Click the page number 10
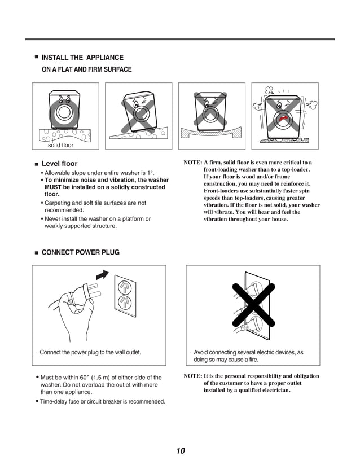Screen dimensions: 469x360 click(180, 450)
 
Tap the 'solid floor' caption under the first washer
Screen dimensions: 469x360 click(60, 146)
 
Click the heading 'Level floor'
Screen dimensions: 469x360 click(60, 164)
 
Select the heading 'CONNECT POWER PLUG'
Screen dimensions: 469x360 click(81, 252)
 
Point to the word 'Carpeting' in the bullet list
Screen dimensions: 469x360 click(61, 203)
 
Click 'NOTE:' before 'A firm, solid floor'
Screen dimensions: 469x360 click(193, 163)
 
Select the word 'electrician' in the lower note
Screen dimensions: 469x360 click(272, 390)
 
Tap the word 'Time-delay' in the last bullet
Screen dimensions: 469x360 click(55, 402)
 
